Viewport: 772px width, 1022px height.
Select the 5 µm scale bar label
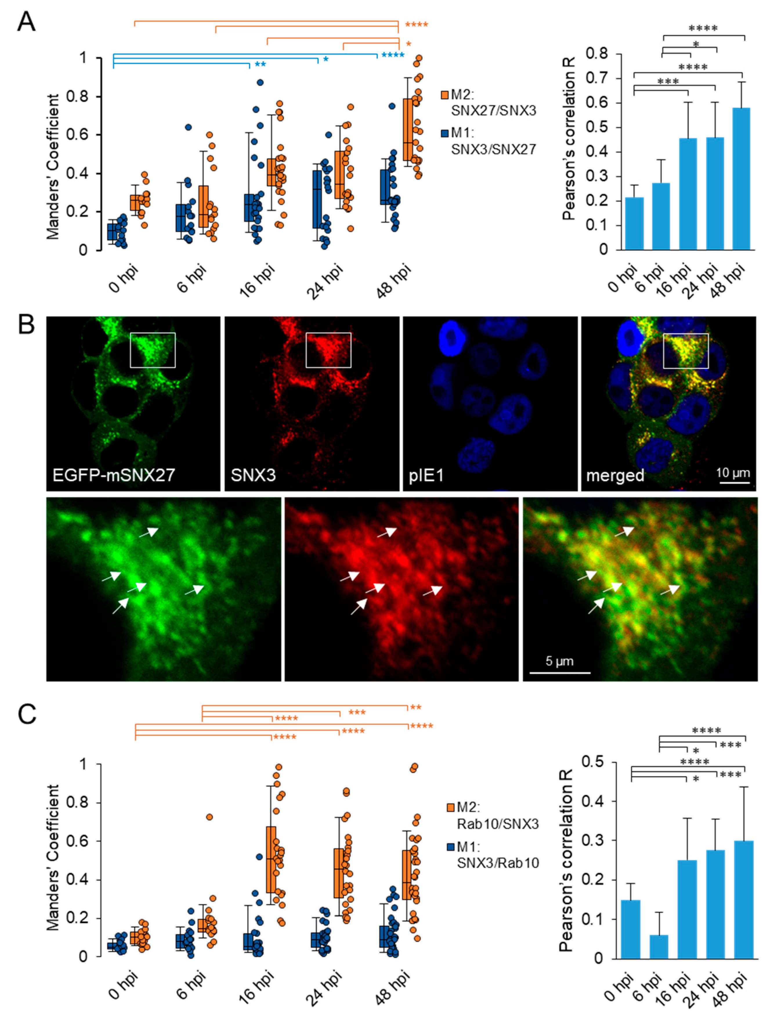click(559, 661)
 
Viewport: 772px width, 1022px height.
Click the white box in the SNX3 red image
click(328, 350)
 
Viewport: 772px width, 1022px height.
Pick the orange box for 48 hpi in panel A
click(408, 129)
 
